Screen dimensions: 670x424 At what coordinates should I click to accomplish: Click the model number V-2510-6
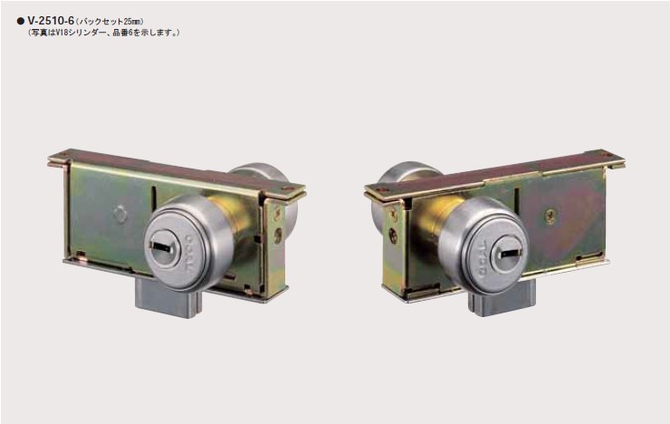(51, 21)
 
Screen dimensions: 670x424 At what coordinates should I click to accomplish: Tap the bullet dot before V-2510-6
(20, 21)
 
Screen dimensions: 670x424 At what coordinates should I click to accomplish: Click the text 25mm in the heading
(132, 21)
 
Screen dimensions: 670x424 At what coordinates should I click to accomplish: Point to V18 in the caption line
(62, 33)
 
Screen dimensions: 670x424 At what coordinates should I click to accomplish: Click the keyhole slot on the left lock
(162, 246)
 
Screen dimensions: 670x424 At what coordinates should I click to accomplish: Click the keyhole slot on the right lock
(510, 253)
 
